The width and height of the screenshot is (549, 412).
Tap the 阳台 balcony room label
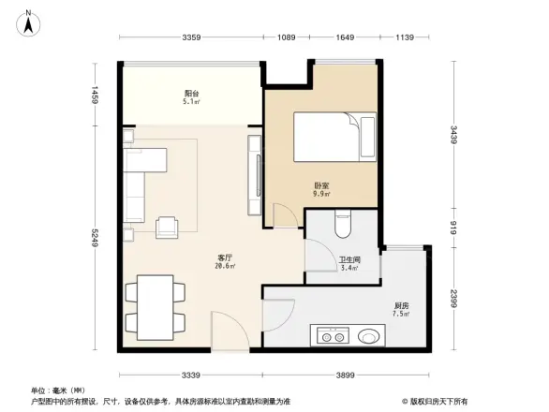tap(191, 94)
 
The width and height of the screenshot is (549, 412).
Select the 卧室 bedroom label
tap(320, 185)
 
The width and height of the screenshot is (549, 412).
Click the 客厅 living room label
tap(225, 257)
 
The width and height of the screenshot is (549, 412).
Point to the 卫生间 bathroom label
tap(350, 262)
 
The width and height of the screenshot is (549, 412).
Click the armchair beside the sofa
tap(169, 225)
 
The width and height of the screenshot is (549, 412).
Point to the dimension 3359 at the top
tap(192, 37)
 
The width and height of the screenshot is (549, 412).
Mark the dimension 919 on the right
tap(453, 227)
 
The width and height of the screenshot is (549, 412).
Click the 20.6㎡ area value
tap(225, 266)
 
